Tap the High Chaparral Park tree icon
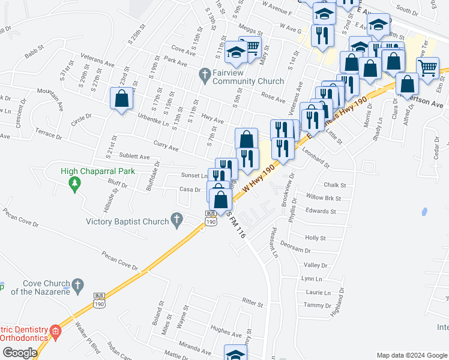click(75, 184)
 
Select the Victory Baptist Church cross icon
click(176, 221)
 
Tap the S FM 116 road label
click(236, 227)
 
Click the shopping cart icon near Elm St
click(429, 68)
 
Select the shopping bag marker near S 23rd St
click(122, 98)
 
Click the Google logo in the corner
click(20, 353)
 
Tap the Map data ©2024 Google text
click(412, 355)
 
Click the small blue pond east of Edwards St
click(424, 212)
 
